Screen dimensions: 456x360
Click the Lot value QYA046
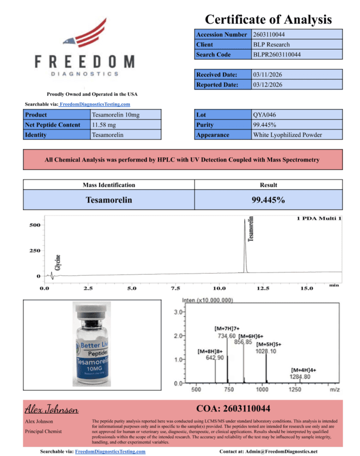tap(263, 115)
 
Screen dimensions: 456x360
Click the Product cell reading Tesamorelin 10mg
tap(115, 115)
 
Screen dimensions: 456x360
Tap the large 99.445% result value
tap(268, 200)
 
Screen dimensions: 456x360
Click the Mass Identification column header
tap(109, 185)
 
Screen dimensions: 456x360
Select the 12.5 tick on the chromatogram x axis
tap(263, 288)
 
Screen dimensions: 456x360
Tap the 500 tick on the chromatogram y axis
tap(35, 225)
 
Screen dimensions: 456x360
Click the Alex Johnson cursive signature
tap(51, 410)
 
